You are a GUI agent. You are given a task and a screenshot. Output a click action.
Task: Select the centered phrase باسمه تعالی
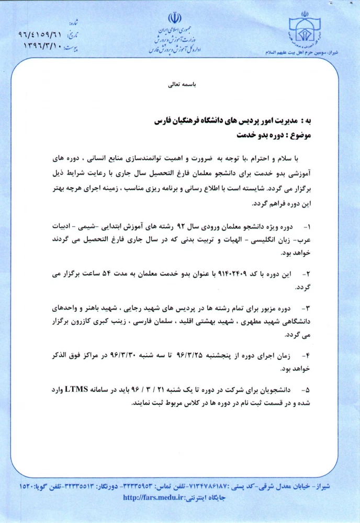pyautogui.click(x=179, y=84)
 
